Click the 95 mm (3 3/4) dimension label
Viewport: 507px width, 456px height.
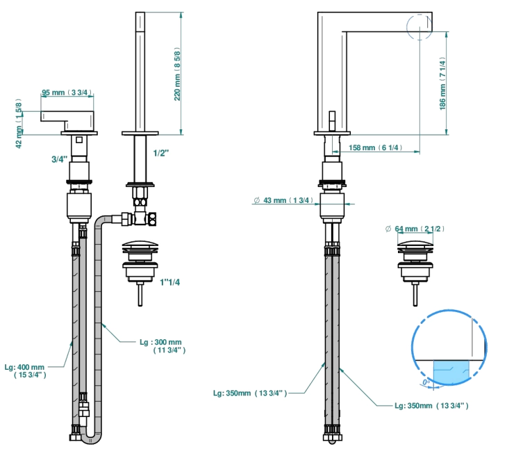[x=67, y=92]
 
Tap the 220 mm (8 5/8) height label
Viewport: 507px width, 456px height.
[x=177, y=74]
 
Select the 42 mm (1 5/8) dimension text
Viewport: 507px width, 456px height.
[x=19, y=124]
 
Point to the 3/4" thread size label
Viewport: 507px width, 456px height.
[x=60, y=159]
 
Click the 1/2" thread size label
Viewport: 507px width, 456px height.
[x=160, y=153]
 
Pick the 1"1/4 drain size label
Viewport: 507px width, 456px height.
[x=169, y=282]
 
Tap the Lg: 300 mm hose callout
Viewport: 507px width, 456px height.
[x=163, y=346]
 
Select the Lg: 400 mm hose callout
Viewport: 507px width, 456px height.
[x=25, y=371]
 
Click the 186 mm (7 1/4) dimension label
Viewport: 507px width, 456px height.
[x=442, y=84]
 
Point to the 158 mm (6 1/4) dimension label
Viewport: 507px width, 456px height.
[x=376, y=147]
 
